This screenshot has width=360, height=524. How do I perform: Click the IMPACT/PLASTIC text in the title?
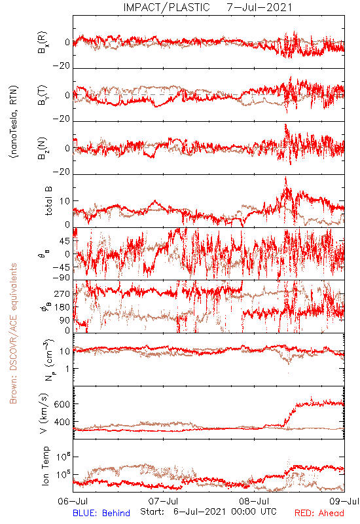click(x=166, y=7)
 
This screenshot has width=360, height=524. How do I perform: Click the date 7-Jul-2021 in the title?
click(x=259, y=7)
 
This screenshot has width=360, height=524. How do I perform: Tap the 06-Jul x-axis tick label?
click(x=73, y=501)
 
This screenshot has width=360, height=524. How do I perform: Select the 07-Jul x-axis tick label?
click(x=163, y=501)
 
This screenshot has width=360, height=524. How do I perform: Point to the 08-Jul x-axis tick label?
click(x=254, y=501)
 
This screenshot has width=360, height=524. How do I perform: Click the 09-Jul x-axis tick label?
click(x=344, y=501)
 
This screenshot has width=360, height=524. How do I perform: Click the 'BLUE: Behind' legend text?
click(x=101, y=513)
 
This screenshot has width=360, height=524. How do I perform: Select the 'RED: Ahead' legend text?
click(x=319, y=513)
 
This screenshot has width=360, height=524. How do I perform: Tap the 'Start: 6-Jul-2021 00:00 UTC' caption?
click(x=208, y=512)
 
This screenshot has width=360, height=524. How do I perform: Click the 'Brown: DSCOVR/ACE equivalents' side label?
click(x=13, y=333)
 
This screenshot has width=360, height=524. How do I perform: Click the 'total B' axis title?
click(x=48, y=201)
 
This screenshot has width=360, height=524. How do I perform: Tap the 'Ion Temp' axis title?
click(x=45, y=466)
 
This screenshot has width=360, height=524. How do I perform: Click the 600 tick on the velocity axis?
click(x=62, y=404)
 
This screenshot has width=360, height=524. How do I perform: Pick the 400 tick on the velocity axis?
click(x=62, y=422)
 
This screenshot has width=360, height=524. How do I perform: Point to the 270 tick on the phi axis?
click(x=62, y=293)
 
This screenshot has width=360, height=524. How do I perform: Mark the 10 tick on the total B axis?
click(x=65, y=201)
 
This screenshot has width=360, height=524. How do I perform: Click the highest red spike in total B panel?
click(x=285, y=178)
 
